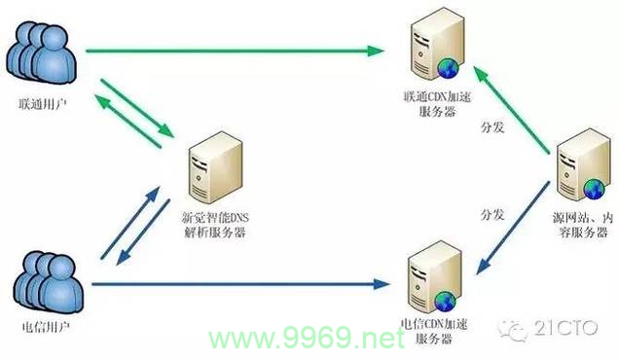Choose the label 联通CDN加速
click(x=433, y=97)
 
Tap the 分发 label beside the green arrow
click(x=493, y=127)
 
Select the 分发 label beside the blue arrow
click(x=493, y=213)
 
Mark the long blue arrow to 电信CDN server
click(x=234, y=284)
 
